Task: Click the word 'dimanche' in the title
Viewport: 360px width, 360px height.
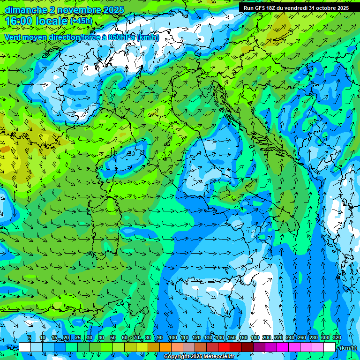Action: tap(26, 10)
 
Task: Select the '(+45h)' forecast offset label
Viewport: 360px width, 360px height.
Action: tap(81, 21)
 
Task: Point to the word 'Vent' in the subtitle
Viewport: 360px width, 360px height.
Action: tap(14, 37)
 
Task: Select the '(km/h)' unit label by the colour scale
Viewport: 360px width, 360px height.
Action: tap(347, 348)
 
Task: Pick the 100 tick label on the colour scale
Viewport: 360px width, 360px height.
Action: tap(172, 337)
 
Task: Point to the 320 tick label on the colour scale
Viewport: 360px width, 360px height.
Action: tap(337, 337)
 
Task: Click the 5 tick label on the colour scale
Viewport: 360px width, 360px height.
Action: tap(30, 337)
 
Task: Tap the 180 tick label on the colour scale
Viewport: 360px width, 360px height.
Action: tap(255, 337)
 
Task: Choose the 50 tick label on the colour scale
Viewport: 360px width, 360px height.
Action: tap(112, 337)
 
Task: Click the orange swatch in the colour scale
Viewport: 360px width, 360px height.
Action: tap(165, 347)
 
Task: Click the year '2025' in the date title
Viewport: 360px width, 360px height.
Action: tap(113, 10)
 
